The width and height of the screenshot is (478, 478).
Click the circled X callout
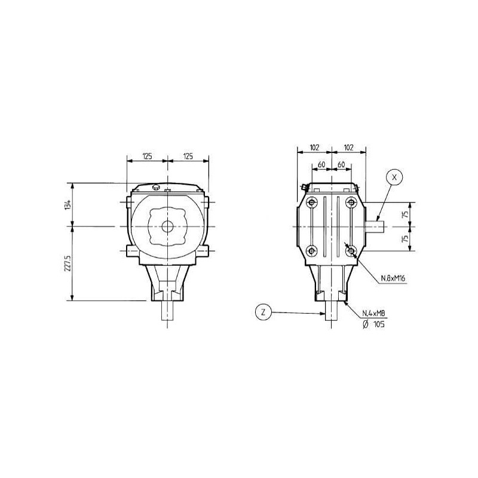pos(394,177)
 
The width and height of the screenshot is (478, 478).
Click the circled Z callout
pos(263,312)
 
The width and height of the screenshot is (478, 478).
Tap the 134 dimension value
pos(68,204)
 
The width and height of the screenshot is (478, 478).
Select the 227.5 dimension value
pos(68,263)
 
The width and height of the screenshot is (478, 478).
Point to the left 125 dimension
pos(147,157)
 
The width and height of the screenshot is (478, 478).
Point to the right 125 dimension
pos(188,157)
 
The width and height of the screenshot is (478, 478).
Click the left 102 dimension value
pos(314,148)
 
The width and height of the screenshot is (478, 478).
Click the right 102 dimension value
pos(348,148)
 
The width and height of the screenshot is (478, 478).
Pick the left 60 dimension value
pos(321,165)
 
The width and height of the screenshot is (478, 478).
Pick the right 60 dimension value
pos(341,165)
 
